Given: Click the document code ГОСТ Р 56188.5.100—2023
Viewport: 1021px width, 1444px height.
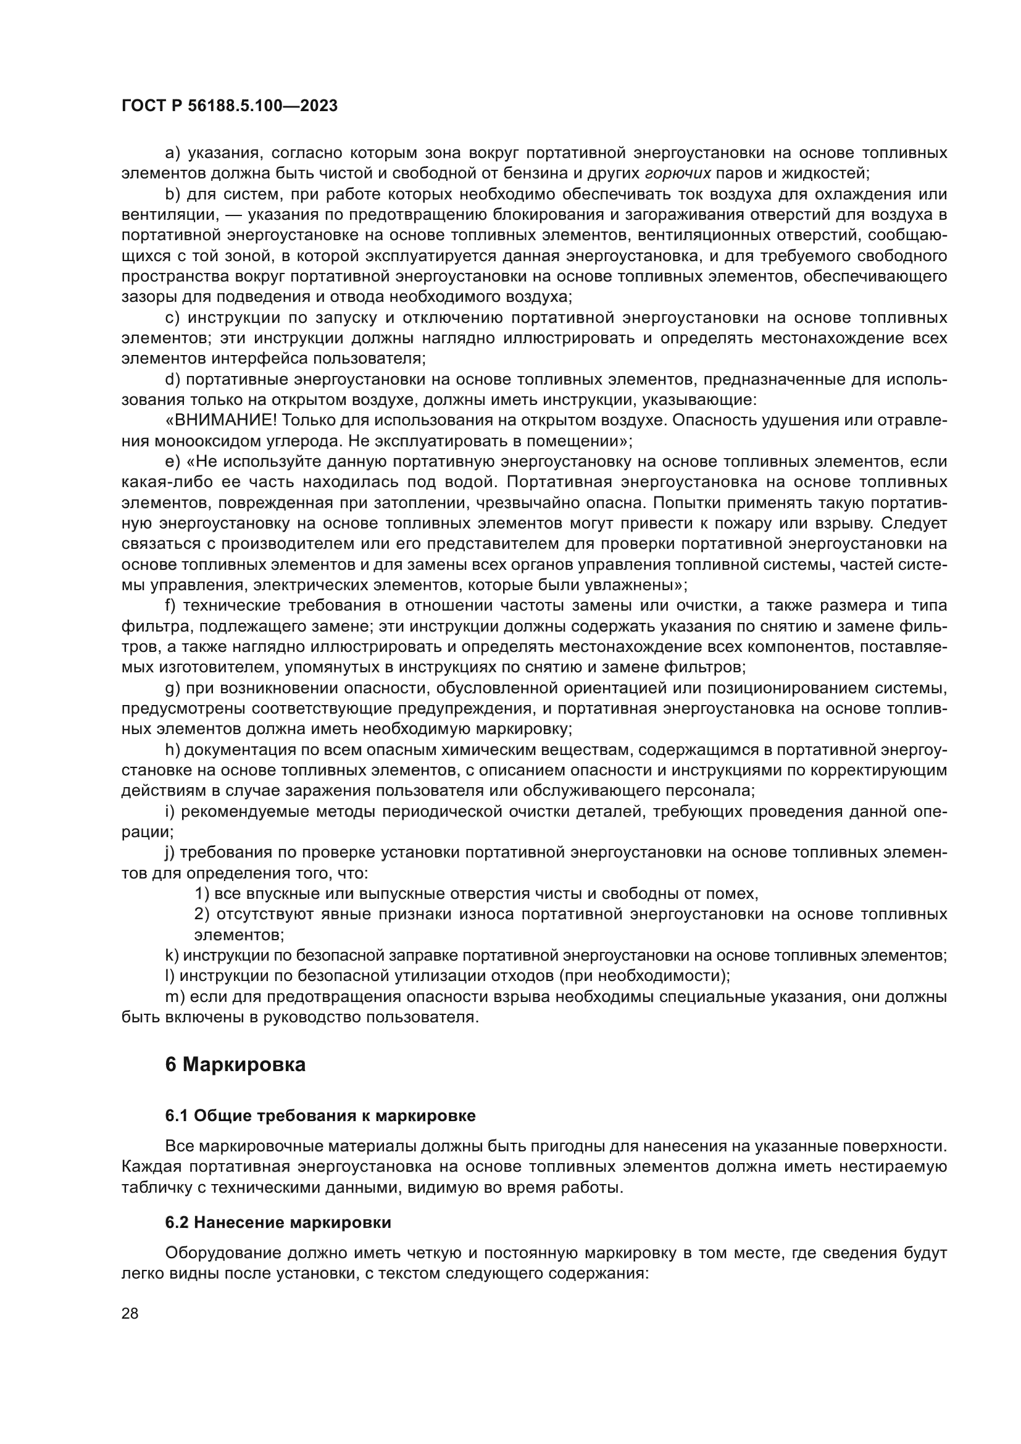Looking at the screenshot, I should [x=230, y=106].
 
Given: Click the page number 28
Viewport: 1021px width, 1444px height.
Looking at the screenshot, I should [x=130, y=1313].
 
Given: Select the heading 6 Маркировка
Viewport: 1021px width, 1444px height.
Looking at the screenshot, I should [x=235, y=1065].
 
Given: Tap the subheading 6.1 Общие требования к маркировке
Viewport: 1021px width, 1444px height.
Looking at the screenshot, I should [x=320, y=1116].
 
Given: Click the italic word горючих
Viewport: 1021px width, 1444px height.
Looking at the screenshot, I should [x=678, y=173].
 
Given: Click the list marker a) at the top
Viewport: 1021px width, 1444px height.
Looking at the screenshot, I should [x=172, y=153].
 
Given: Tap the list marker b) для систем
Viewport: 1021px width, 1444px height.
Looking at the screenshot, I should [x=172, y=194].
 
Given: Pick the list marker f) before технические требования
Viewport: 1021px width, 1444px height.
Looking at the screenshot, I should [x=170, y=606].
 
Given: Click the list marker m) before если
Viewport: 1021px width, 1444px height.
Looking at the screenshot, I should [x=174, y=997].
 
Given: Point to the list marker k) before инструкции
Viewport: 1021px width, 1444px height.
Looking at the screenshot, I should [x=172, y=955].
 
